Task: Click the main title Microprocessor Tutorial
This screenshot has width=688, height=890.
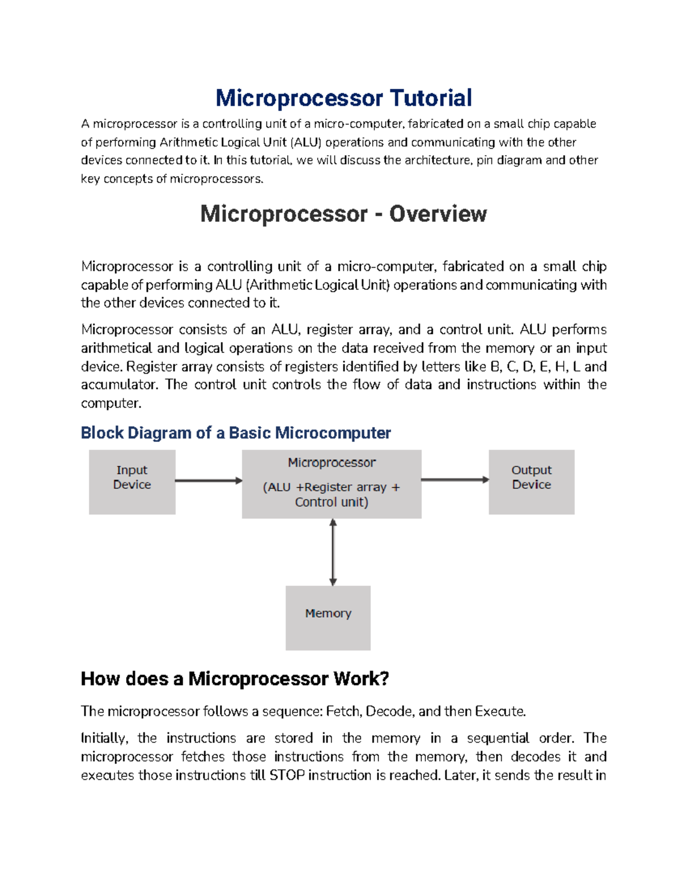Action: click(x=343, y=98)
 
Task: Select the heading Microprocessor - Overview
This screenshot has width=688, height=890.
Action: click(x=343, y=214)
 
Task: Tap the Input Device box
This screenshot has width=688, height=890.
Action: click(x=132, y=481)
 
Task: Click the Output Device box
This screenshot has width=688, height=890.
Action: click(x=531, y=481)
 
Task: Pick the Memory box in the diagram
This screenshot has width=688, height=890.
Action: click(x=328, y=618)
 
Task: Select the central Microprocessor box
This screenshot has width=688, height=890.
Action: click(x=331, y=484)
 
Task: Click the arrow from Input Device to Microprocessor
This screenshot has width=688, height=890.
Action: click(x=208, y=480)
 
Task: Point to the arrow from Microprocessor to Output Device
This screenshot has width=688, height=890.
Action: click(x=455, y=480)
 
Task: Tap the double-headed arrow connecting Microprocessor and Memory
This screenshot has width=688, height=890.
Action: click(x=333, y=552)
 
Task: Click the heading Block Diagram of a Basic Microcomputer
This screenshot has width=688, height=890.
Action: click(x=236, y=433)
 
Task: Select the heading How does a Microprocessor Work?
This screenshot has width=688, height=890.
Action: click(x=234, y=679)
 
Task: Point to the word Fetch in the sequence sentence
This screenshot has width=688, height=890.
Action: click(x=343, y=711)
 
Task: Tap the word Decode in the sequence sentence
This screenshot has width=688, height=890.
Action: click(x=389, y=711)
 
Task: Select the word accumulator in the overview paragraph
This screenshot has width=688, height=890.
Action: click(x=118, y=385)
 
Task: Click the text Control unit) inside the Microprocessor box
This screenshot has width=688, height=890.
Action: click(x=331, y=502)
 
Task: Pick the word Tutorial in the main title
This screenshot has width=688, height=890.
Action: click(x=431, y=98)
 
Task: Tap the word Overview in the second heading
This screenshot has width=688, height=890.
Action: click(x=438, y=214)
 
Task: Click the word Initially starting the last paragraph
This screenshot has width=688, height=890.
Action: click(x=103, y=738)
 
